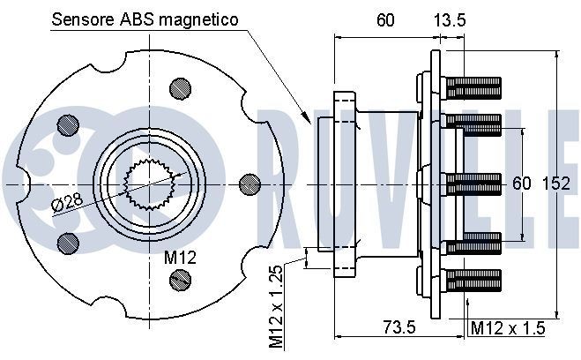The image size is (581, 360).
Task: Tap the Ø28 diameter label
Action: (69, 202)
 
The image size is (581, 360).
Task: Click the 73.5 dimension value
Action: (399, 326)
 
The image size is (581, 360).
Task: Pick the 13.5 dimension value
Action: (450, 19)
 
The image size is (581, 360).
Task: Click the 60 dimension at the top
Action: (384, 19)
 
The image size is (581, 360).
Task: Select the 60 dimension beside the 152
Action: (522, 184)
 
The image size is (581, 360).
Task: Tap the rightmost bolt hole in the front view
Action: (250, 184)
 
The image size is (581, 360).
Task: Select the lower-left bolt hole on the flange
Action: (63, 241)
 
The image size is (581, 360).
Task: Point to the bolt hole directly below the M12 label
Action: (180, 281)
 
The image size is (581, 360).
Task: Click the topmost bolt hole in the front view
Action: (180, 86)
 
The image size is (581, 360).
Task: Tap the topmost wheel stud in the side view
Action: (473, 86)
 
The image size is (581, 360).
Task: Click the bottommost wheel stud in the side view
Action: (473, 281)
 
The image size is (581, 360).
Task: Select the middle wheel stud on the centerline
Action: (473, 184)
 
